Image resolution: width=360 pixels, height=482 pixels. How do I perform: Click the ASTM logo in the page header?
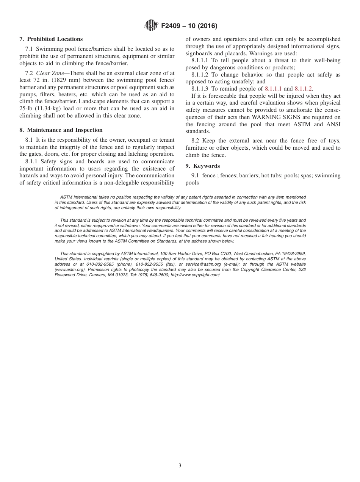point(151,26)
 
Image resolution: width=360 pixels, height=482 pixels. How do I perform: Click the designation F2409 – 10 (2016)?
point(189,26)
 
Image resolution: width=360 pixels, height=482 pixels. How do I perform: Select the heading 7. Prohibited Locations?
point(51,39)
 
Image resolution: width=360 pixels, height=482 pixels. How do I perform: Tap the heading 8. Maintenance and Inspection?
point(61,130)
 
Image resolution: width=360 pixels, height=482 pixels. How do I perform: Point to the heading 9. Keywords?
point(202,166)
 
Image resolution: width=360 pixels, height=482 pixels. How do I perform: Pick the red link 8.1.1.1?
point(273,89)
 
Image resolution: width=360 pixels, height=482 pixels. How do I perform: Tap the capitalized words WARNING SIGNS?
point(273,117)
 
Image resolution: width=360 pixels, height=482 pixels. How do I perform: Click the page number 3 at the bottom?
point(180,466)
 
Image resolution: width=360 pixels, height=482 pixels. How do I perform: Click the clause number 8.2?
point(195,141)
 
